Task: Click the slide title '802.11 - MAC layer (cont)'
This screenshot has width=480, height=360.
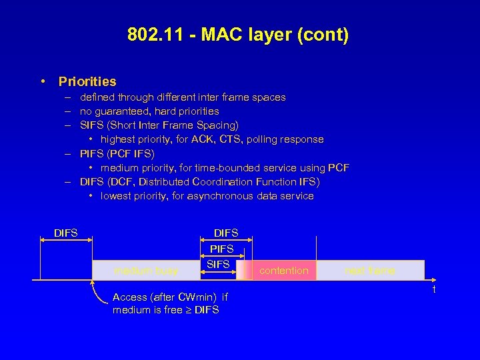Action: (x=238, y=35)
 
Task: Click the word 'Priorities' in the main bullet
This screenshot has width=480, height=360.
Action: (x=87, y=82)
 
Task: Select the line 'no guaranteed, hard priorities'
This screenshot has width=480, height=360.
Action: (x=149, y=111)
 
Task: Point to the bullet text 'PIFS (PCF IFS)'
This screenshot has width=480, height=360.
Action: (x=117, y=153)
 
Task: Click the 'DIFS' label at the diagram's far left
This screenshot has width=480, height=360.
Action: (x=66, y=233)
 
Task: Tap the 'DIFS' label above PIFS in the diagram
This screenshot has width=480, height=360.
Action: (x=226, y=233)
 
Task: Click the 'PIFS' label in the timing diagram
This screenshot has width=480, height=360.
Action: (x=222, y=249)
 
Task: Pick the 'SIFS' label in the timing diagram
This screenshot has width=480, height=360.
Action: (x=219, y=265)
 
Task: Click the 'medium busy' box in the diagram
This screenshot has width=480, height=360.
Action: (x=146, y=271)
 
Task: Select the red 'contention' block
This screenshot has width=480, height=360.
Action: (x=284, y=271)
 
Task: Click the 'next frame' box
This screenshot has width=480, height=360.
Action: (x=370, y=271)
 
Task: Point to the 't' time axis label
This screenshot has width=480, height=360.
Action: (x=434, y=289)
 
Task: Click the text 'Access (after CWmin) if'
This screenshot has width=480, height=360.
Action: (x=170, y=297)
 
